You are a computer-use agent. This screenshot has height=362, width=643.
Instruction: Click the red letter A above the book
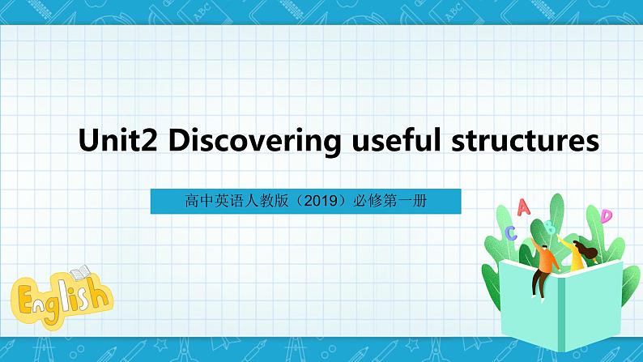pos(523,207)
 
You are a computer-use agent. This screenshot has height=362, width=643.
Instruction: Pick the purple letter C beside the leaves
pos(511,233)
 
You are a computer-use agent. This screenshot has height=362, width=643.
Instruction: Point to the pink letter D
pos(606,215)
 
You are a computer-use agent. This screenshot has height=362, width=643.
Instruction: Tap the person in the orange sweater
pos(547,258)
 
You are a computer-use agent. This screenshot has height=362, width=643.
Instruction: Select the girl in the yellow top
pos(577,258)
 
